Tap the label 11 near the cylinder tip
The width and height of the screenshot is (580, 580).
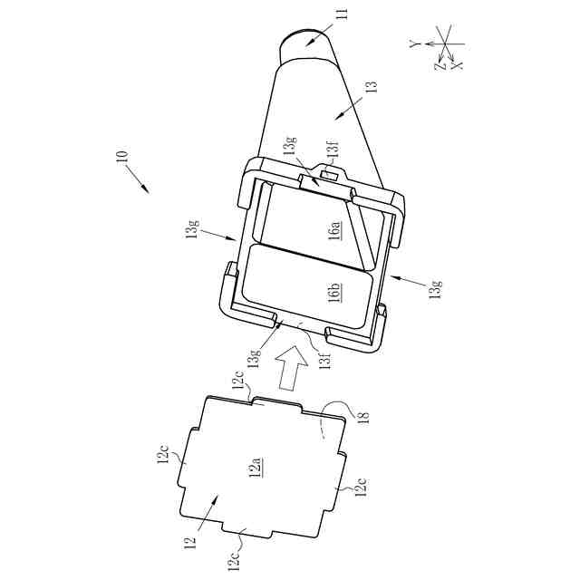coord(343,14)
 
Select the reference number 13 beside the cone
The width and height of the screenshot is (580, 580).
coord(372,87)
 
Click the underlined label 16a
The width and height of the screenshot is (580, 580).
coord(334,230)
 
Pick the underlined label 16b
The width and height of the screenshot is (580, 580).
coord(334,292)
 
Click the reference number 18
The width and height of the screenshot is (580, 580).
coord(364,418)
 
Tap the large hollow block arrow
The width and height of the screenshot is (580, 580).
coord(293,367)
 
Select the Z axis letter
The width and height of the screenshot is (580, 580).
coord(440,66)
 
